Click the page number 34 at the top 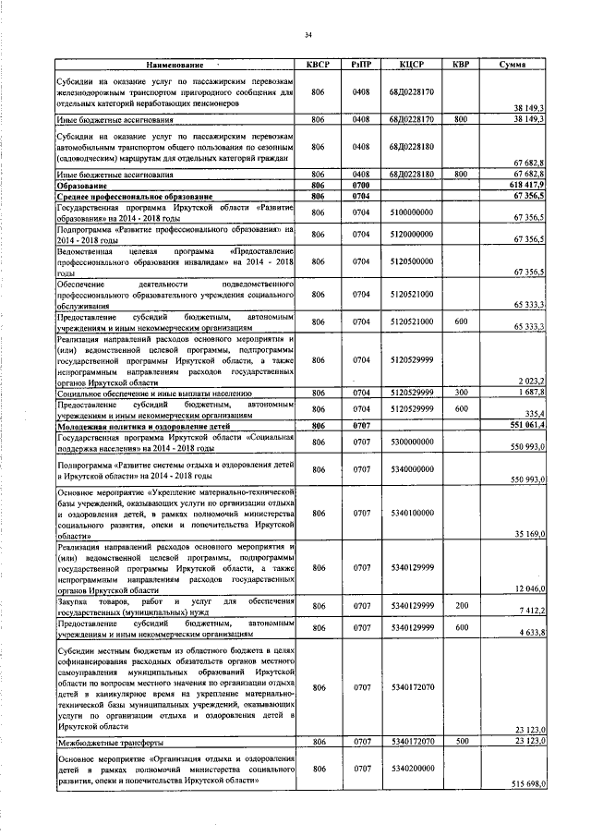tap(308, 35)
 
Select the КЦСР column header tap(411, 65)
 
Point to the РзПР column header tap(361, 65)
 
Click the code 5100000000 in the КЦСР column tap(411, 212)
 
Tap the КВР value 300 tap(460, 393)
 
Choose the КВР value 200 tap(460, 606)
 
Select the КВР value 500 tap(460, 741)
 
